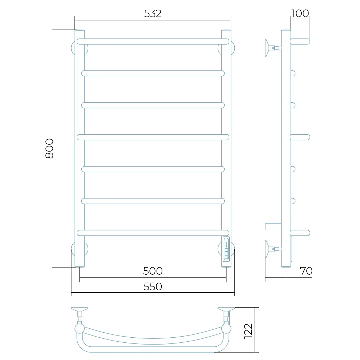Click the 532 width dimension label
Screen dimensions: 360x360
153,14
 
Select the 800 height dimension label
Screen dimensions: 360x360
49,148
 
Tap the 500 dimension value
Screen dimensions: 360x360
153,271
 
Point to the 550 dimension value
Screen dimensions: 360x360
153,287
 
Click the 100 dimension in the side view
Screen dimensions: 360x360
300,13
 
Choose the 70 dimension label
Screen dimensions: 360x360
306,271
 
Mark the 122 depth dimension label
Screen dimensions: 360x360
248,331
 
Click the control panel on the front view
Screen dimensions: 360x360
226,249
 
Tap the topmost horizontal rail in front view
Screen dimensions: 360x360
153,41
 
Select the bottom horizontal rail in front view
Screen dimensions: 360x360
153,233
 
